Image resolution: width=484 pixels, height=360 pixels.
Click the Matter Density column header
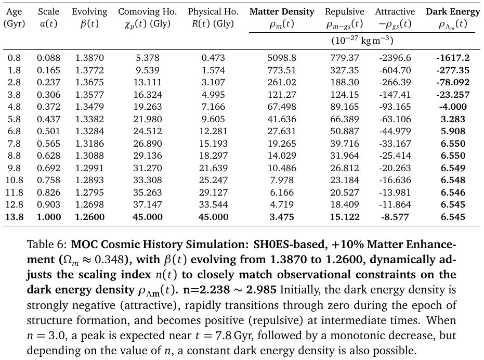click(x=282, y=11)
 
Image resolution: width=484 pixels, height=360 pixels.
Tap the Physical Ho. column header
click(x=213, y=11)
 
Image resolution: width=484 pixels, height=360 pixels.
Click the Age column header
click(x=14, y=11)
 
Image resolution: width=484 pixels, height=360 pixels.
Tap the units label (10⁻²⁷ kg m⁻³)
click(x=363, y=40)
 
